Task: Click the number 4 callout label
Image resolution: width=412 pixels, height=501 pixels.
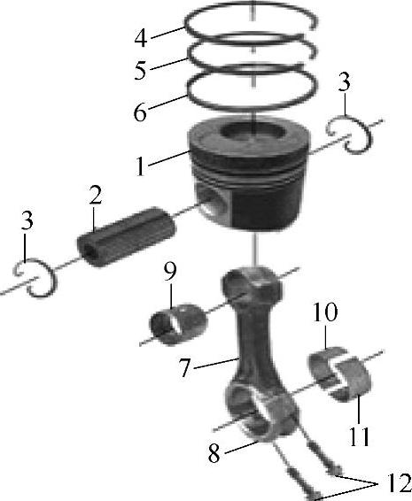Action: click(141, 39)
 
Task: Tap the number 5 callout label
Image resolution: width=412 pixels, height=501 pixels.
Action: click(140, 71)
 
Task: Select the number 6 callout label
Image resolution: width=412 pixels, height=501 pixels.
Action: click(140, 112)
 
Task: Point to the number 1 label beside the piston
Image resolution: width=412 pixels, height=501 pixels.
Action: click(140, 166)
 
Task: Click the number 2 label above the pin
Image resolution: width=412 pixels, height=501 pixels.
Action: click(96, 195)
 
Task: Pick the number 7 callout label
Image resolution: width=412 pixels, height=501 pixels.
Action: click(184, 367)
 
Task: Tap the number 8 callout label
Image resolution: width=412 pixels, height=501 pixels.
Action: click(214, 453)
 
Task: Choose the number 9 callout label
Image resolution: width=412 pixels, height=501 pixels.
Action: click(170, 272)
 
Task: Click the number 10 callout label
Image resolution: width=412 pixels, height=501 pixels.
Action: click(325, 312)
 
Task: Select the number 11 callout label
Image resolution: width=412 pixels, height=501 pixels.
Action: click(359, 436)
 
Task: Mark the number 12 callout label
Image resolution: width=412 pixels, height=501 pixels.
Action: click(399, 482)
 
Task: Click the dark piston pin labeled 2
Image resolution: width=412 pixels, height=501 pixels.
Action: click(127, 236)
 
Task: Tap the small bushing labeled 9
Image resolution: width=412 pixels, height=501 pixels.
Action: click(178, 325)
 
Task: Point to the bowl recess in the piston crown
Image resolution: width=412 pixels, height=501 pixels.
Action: click(253, 132)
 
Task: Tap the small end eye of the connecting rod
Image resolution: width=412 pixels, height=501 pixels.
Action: click(236, 281)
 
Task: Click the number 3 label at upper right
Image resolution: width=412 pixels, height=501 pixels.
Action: click(344, 82)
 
